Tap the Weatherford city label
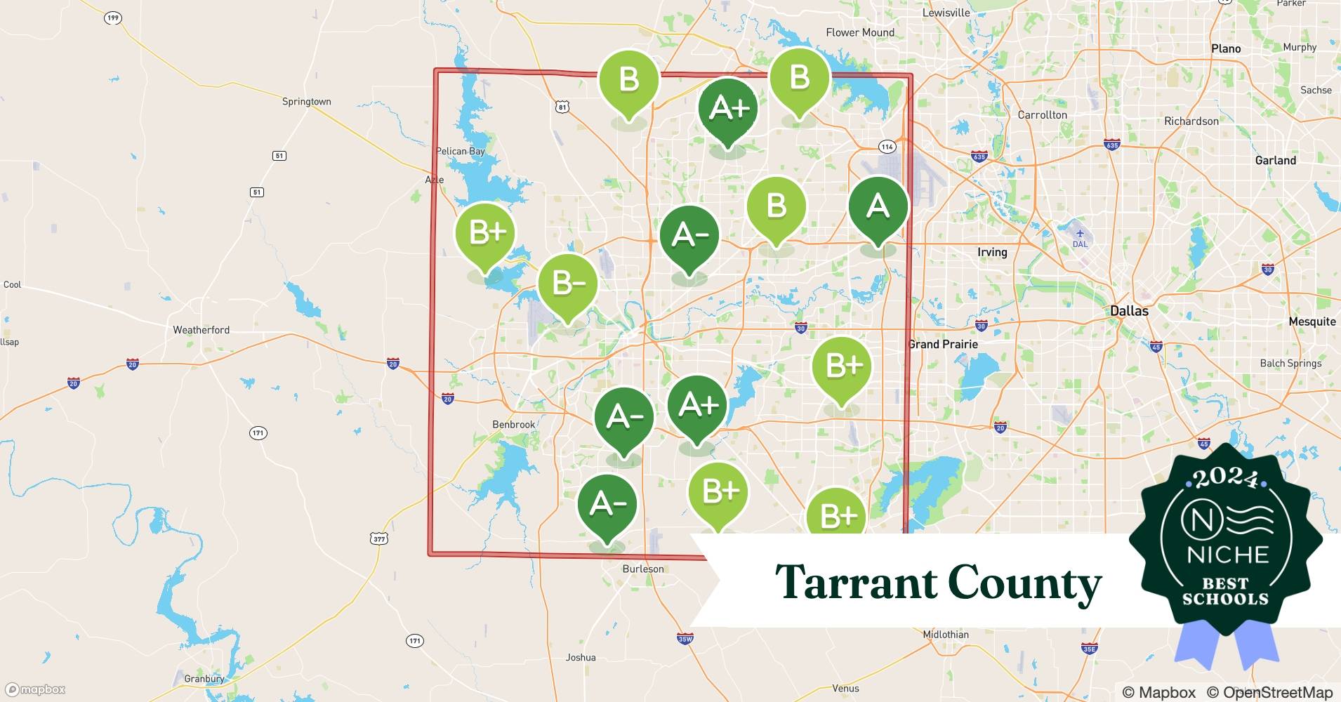pos(202,330)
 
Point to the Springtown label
pos(306,102)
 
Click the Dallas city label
pos(1129,311)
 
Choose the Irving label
pos(992,252)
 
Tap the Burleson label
pos(643,569)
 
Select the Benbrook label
pos(514,425)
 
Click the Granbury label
pos(204,679)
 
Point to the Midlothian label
pos(946,635)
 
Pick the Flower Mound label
pos(860,32)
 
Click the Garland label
pos(1276,161)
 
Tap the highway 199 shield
pos(113,18)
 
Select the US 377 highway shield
pos(379,538)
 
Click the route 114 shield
pos(887,147)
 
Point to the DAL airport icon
pos(1080,234)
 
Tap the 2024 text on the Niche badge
pos(1226,478)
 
